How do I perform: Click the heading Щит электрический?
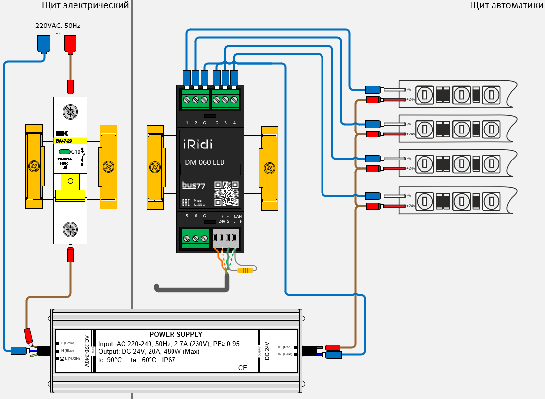[86, 6]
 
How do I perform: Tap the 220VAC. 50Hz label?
[57, 26]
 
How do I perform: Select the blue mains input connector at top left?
[44, 45]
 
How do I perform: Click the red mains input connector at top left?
[70, 45]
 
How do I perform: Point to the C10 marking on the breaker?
[75, 152]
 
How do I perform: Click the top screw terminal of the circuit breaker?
[70, 112]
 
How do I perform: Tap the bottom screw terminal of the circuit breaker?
[70, 228]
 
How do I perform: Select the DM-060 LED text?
[205, 162]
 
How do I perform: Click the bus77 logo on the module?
[194, 186]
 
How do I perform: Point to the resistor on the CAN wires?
[245, 270]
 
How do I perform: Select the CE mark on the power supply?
[242, 368]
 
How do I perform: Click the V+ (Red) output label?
[285, 347]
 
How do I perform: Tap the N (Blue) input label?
[68, 350]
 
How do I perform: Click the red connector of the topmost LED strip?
[373, 100]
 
